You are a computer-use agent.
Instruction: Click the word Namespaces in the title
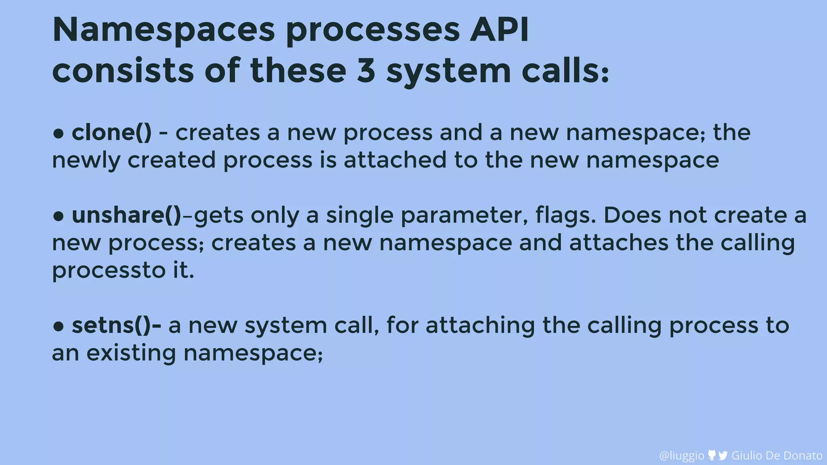pyautogui.click(x=164, y=31)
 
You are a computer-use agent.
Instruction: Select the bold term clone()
pyautogui.click(x=111, y=133)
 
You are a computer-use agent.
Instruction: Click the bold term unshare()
pyautogui.click(x=126, y=215)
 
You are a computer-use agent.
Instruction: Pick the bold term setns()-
pyautogui.click(x=116, y=325)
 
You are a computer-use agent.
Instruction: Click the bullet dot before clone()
pyautogui.click(x=59, y=134)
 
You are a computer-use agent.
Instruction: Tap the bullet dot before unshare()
pyautogui.click(x=59, y=216)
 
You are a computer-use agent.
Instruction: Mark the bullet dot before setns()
pyautogui.click(x=59, y=327)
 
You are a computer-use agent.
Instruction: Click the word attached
pyautogui.click(x=395, y=160)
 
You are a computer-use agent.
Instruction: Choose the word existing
pyautogui.click(x=131, y=353)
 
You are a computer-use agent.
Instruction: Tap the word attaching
pyautogui.click(x=480, y=326)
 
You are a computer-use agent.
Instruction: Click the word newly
pyautogui.click(x=86, y=161)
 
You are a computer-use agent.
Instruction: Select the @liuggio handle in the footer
pyautogui.click(x=682, y=455)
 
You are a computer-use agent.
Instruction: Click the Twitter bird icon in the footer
pyautogui.click(x=723, y=455)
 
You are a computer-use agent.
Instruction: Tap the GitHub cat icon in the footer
pyautogui.click(x=712, y=455)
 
